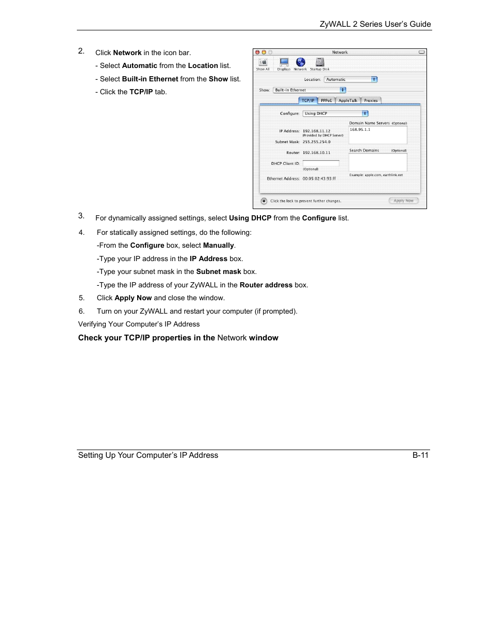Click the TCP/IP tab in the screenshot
(x=308, y=100)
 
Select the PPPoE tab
(x=326, y=100)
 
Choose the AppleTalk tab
(x=348, y=100)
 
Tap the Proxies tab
(x=371, y=100)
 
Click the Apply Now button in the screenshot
(x=403, y=201)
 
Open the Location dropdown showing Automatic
(x=351, y=79)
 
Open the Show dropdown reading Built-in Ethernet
(x=309, y=90)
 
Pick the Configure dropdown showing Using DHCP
(x=335, y=113)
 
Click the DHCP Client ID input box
(x=321, y=164)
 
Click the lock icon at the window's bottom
(x=264, y=201)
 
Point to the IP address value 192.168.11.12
(x=316, y=131)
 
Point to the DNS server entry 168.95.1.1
(x=360, y=130)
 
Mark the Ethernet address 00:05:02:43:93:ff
(x=319, y=179)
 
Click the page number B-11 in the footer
(x=420, y=455)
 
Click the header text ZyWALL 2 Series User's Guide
(x=375, y=24)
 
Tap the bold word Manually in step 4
(x=218, y=246)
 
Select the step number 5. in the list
(x=81, y=298)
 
